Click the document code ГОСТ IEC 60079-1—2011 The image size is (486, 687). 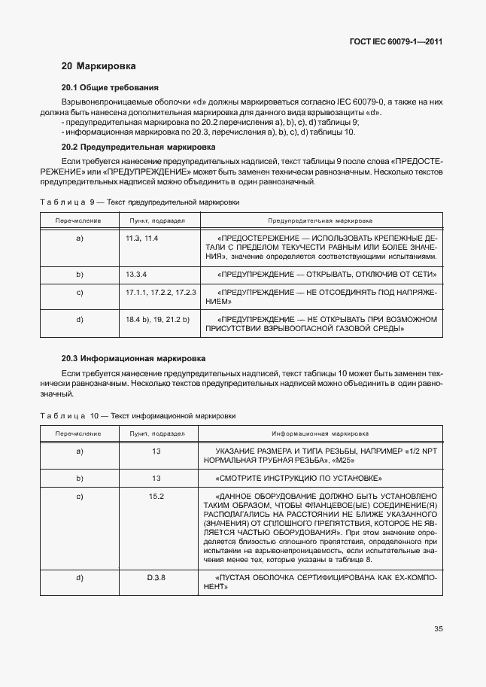point(395,42)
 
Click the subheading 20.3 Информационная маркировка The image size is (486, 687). point(133,358)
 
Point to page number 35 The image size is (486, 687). point(438,629)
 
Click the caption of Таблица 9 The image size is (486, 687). point(139,202)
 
